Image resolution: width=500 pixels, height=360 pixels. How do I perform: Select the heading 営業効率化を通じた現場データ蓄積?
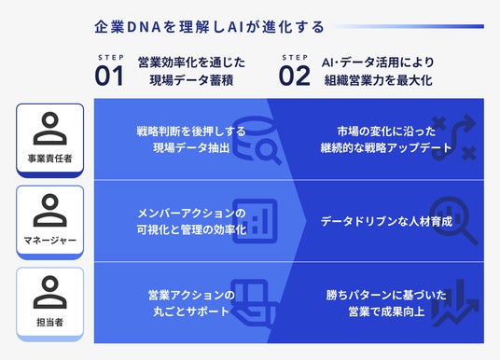[x=190, y=71]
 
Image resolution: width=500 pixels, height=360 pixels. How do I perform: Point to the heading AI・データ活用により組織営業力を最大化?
[x=377, y=71]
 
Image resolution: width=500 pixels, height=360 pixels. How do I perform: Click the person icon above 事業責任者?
[x=49, y=128]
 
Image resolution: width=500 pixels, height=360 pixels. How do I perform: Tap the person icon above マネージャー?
[x=49, y=211]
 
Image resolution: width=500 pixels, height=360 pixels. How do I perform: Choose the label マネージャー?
[x=49, y=240]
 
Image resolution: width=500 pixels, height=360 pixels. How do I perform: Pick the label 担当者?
[x=49, y=323]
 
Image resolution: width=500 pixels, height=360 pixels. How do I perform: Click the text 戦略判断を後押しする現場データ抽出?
[x=177, y=139]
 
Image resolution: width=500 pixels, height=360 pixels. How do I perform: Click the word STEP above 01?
[x=109, y=57]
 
